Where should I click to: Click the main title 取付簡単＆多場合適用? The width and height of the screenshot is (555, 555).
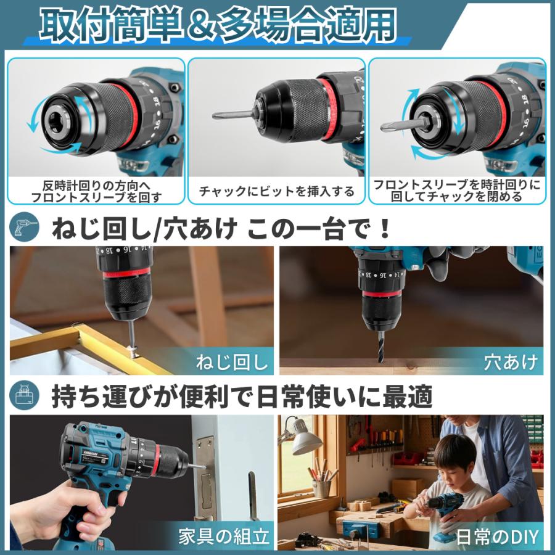point(218,25)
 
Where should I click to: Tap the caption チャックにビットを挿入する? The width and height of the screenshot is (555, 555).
point(276,192)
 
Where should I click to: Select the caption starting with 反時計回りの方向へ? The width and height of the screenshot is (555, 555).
point(96,192)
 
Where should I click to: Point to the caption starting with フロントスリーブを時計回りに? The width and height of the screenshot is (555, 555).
point(457,191)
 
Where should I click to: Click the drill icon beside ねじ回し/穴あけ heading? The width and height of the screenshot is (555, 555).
point(24,226)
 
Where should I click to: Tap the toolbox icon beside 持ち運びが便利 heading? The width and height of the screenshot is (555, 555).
point(24,395)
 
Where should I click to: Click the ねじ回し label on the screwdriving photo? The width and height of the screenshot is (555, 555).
point(232,363)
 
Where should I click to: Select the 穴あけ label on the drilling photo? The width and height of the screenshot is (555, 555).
point(511,363)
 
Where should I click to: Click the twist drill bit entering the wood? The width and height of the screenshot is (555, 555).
point(381,348)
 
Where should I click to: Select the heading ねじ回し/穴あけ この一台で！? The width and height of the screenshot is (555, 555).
point(221,229)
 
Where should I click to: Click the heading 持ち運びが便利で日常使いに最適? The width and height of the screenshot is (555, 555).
point(242,397)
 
